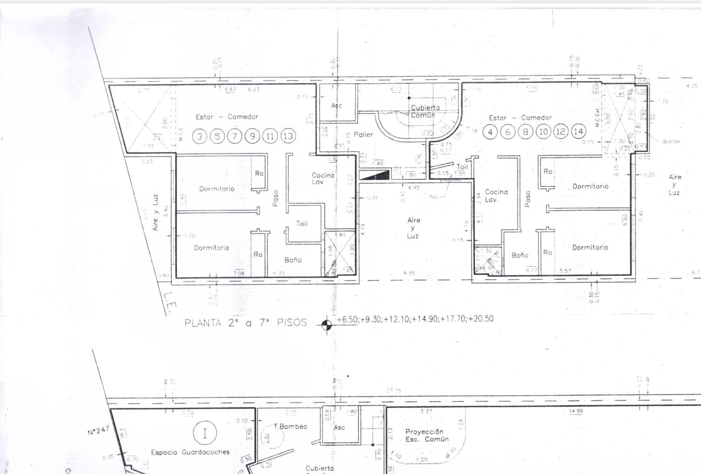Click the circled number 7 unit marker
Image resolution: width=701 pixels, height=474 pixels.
pyautogui.click(x=235, y=136)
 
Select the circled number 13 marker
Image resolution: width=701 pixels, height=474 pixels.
pyautogui.click(x=288, y=136)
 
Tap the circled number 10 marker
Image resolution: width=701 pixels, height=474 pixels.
pyautogui.click(x=543, y=132)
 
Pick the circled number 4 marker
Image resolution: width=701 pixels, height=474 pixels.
pyautogui.click(x=490, y=132)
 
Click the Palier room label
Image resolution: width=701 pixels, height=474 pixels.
pyautogui.click(x=363, y=134)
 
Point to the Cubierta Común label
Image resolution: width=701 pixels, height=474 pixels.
pyautogui.click(x=424, y=111)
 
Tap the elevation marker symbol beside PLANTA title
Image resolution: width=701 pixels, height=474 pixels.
pyautogui.click(x=326, y=324)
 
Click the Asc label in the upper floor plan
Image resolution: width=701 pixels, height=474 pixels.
pyautogui.click(x=337, y=105)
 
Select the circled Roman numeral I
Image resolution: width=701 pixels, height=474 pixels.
pyautogui.click(x=205, y=434)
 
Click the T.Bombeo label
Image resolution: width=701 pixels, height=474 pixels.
pyautogui.click(x=291, y=427)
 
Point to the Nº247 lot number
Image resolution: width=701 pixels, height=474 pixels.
pyautogui.click(x=98, y=430)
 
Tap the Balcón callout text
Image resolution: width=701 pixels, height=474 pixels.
pyautogui.click(x=671, y=142)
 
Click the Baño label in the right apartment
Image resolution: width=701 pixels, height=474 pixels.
pyautogui.click(x=520, y=255)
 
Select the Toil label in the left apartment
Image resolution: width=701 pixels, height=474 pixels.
pyautogui.click(x=302, y=223)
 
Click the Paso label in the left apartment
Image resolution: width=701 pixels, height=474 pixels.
pyautogui.click(x=275, y=198)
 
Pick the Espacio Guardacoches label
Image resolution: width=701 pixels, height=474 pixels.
pyautogui.click(x=190, y=452)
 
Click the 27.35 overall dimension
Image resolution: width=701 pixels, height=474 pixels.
pyautogui.click(x=393, y=391)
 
